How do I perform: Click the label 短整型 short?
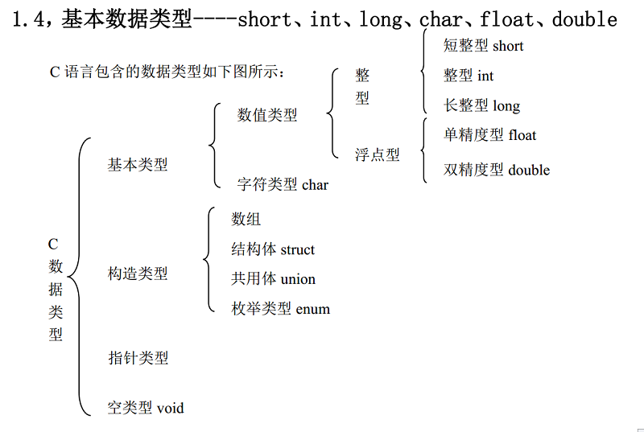click(484, 45)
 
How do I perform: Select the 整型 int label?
click(469, 76)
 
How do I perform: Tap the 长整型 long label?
click(481, 105)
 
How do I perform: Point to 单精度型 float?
click(489, 135)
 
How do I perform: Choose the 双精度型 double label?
click(497, 170)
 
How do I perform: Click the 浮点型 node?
click(378, 154)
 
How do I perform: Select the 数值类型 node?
click(267, 115)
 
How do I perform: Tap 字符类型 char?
click(283, 184)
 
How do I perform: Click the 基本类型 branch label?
click(138, 165)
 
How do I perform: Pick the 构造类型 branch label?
click(138, 274)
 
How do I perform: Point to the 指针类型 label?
click(138, 358)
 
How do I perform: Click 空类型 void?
click(146, 408)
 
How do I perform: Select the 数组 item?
click(246, 219)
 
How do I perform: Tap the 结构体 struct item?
click(273, 249)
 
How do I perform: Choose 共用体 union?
click(273, 278)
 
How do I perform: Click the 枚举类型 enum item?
click(280, 308)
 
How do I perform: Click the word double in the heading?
click(584, 19)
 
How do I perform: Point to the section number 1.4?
click(28, 19)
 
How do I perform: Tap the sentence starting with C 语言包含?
click(167, 72)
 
